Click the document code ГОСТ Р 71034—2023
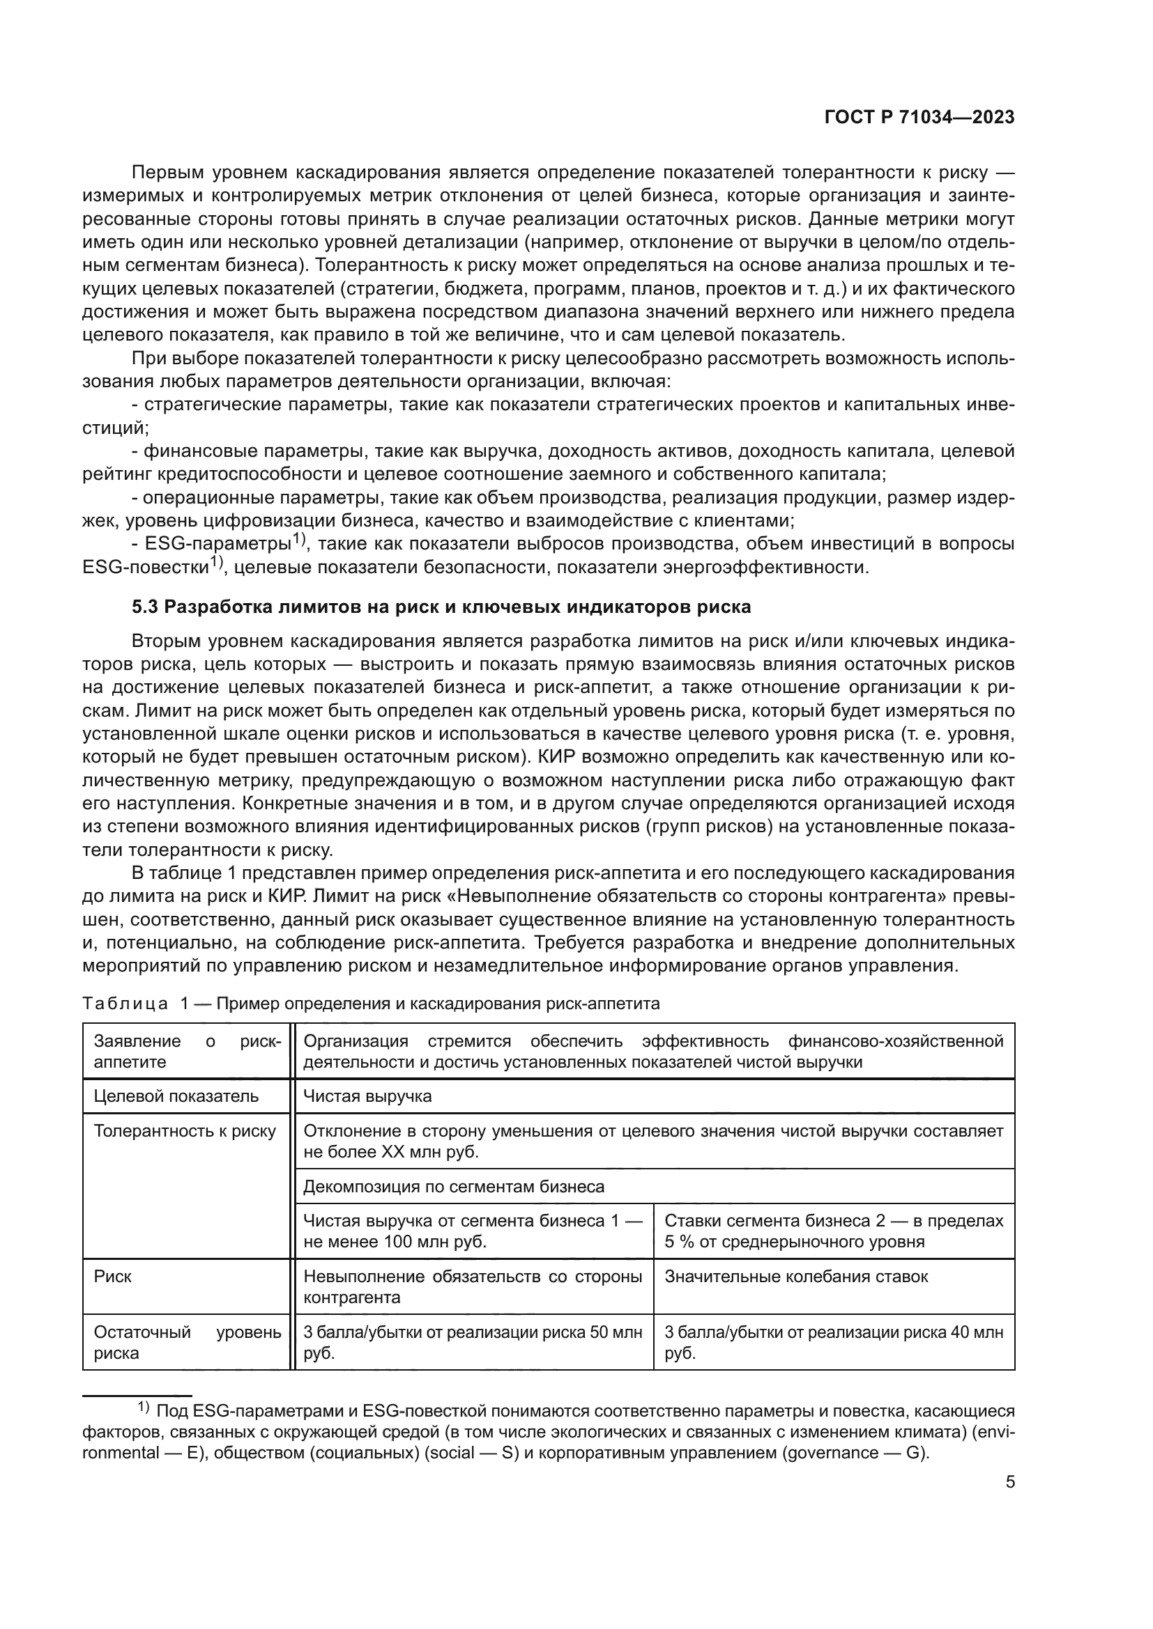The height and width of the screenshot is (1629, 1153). tap(919, 118)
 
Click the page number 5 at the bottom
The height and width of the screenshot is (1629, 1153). tap(1009, 1482)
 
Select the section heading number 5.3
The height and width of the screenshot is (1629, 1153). tap(146, 607)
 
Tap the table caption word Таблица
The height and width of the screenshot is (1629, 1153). tap(125, 1003)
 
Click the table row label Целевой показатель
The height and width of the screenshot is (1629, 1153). tap(176, 1096)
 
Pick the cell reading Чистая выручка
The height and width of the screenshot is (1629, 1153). tap(367, 1096)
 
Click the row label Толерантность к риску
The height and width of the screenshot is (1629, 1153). tap(185, 1131)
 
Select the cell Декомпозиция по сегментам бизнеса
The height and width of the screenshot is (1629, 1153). tap(454, 1186)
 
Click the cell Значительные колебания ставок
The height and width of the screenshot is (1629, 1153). tap(796, 1277)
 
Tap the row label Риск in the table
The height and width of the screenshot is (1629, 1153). tap(113, 1277)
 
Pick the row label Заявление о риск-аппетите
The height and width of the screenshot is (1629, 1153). tap(188, 1052)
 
